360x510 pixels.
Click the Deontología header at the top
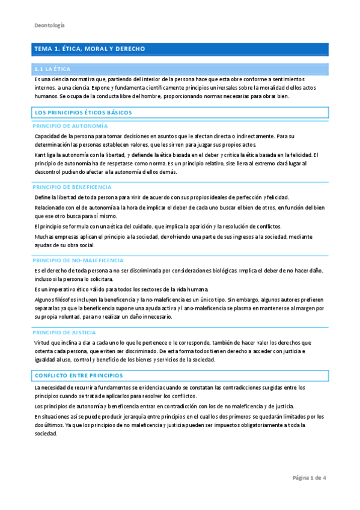(x=49, y=25)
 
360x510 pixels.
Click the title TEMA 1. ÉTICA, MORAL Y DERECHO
(x=89, y=48)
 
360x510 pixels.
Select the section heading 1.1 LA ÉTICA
(x=52, y=69)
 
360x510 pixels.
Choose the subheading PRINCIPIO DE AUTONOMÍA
(x=70, y=126)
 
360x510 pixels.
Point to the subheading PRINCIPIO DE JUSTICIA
(x=65, y=332)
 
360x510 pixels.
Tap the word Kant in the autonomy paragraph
(x=40, y=155)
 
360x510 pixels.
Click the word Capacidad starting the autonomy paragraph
(x=49, y=136)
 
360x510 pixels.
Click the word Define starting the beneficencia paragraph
(x=43, y=197)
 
